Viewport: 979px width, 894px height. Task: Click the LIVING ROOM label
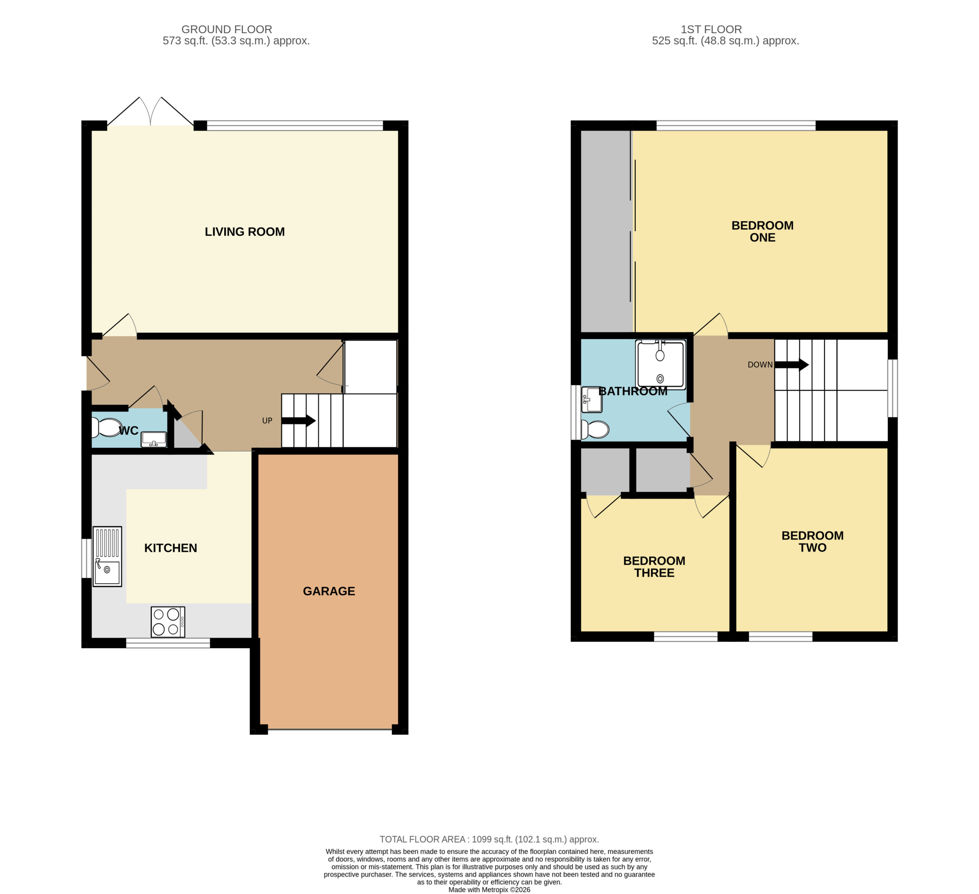245,232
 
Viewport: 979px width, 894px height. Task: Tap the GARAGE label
329,591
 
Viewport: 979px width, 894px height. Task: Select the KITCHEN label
171,548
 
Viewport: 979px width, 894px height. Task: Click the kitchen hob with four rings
168,622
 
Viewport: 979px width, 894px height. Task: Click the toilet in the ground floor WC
106,428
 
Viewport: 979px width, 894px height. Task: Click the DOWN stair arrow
792,365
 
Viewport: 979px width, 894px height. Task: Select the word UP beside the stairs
267,421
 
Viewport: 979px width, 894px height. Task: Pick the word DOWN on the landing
760,365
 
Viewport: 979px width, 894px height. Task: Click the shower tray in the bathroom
660,365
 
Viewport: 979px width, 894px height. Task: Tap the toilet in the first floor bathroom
595,430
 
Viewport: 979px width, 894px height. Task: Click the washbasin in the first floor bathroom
592,399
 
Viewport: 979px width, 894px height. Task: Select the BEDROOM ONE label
763,232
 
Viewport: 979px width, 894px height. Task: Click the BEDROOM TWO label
812,542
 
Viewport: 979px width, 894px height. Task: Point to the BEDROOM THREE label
654,567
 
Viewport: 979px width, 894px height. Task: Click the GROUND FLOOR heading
227,29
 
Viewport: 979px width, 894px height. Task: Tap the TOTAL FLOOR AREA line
489,839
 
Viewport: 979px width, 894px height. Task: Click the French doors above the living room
151,112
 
